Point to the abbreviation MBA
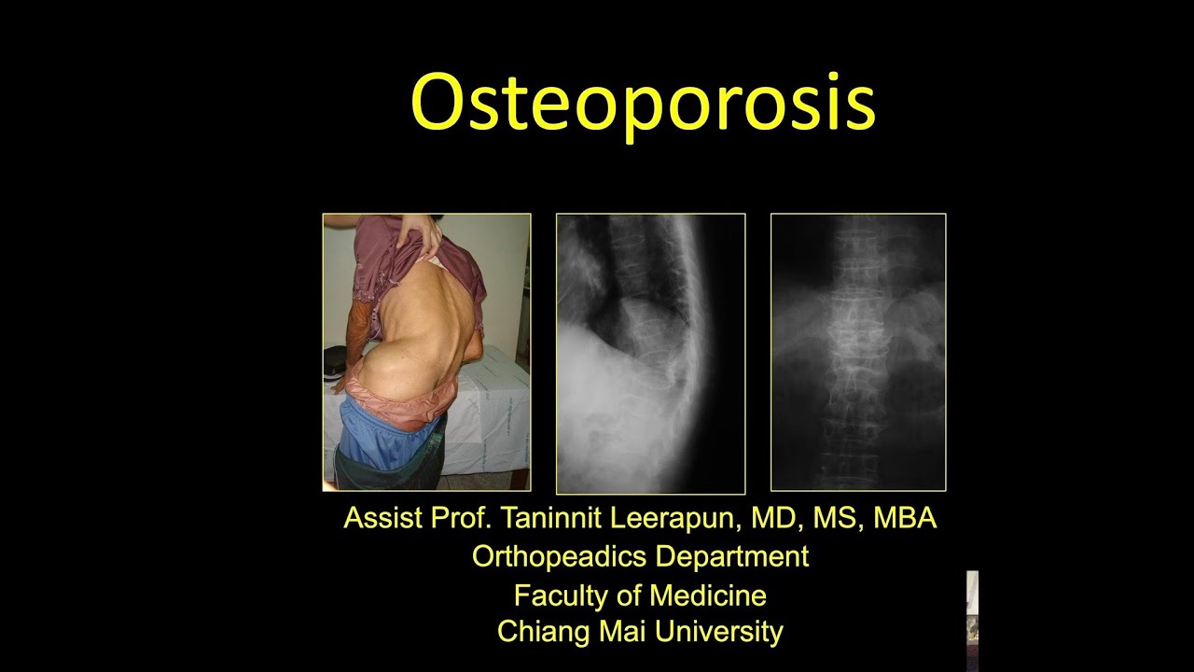(905, 518)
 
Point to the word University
(718, 632)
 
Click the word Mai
(621, 632)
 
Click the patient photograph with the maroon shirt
(426, 352)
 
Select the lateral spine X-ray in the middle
(650, 354)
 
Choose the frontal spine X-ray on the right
(858, 352)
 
